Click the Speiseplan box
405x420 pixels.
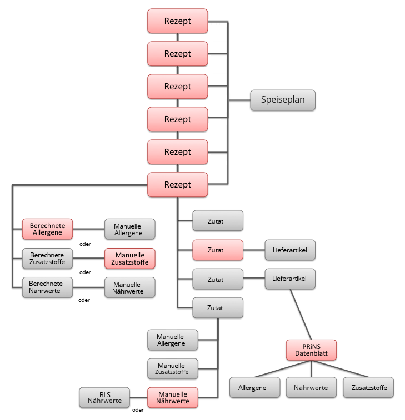click(282, 100)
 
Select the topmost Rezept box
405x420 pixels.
click(178, 21)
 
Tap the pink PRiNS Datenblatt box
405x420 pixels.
click(311, 350)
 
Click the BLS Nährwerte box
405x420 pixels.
click(105, 398)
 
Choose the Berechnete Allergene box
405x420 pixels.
click(47, 229)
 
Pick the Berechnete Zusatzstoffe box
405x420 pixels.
click(47, 258)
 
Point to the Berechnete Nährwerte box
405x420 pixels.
click(47, 287)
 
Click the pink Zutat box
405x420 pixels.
click(217, 250)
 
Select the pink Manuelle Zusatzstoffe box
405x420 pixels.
click(130, 259)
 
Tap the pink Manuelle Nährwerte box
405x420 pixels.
click(172, 397)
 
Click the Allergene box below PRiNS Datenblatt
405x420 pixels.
click(255, 387)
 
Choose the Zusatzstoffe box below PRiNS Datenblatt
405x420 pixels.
click(368, 387)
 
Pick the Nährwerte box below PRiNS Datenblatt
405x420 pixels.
click(311, 387)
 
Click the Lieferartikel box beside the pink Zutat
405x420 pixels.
click(290, 250)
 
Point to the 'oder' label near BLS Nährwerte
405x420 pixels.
click(138, 411)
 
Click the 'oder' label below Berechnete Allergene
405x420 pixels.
click(85, 243)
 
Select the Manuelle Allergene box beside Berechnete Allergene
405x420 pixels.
click(130, 229)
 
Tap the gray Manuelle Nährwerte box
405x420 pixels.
click(130, 287)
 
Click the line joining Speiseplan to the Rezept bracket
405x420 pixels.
click(239, 100)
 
